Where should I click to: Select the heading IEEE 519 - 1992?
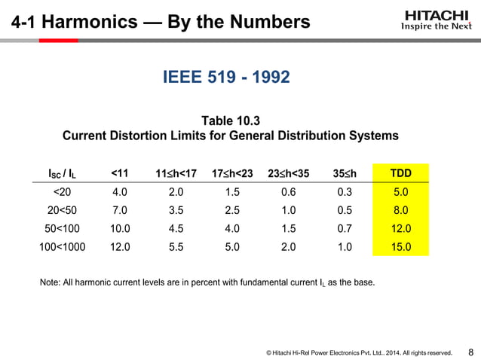(227, 77)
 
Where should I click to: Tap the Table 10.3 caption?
(230, 121)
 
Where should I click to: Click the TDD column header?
(400, 174)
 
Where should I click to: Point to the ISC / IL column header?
(63, 175)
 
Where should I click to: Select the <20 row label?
(62, 192)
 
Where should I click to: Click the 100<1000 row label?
(62, 246)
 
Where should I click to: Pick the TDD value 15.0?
(400, 246)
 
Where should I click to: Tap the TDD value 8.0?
(400, 210)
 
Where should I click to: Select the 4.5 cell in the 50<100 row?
(176, 228)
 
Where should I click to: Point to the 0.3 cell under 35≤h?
(346, 192)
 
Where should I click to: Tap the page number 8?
(470, 351)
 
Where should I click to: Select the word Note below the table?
(47, 283)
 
